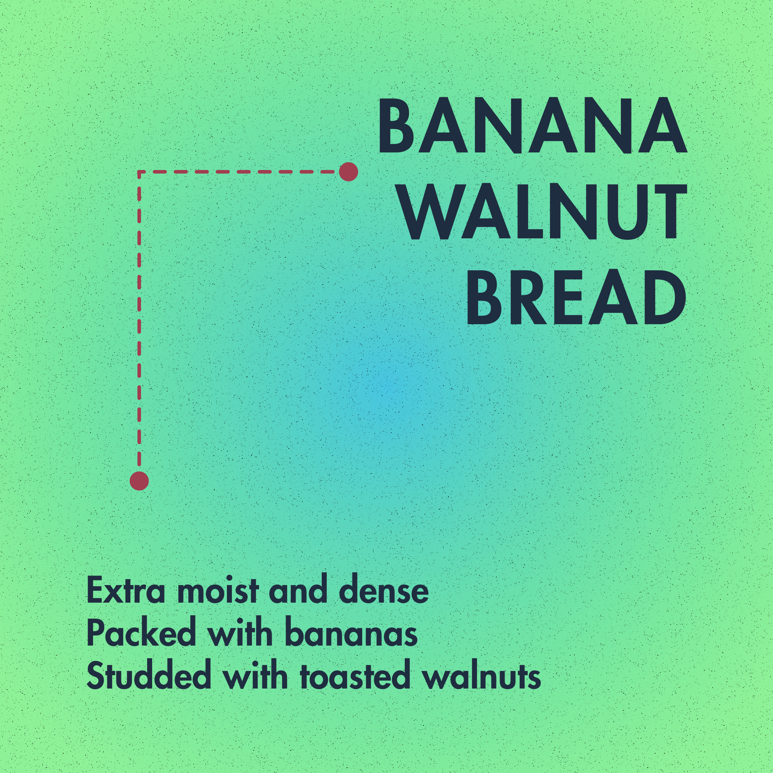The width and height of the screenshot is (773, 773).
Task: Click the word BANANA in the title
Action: click(532, 126)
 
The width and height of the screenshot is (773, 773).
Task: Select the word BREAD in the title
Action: click(576, 298)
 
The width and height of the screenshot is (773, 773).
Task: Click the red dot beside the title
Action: click(348, 172)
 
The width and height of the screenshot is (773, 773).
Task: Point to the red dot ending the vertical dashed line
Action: click(139, 480)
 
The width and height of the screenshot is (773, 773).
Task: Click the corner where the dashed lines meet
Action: click(139, 172)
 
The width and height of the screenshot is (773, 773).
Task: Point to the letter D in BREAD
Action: click(659, 298)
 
